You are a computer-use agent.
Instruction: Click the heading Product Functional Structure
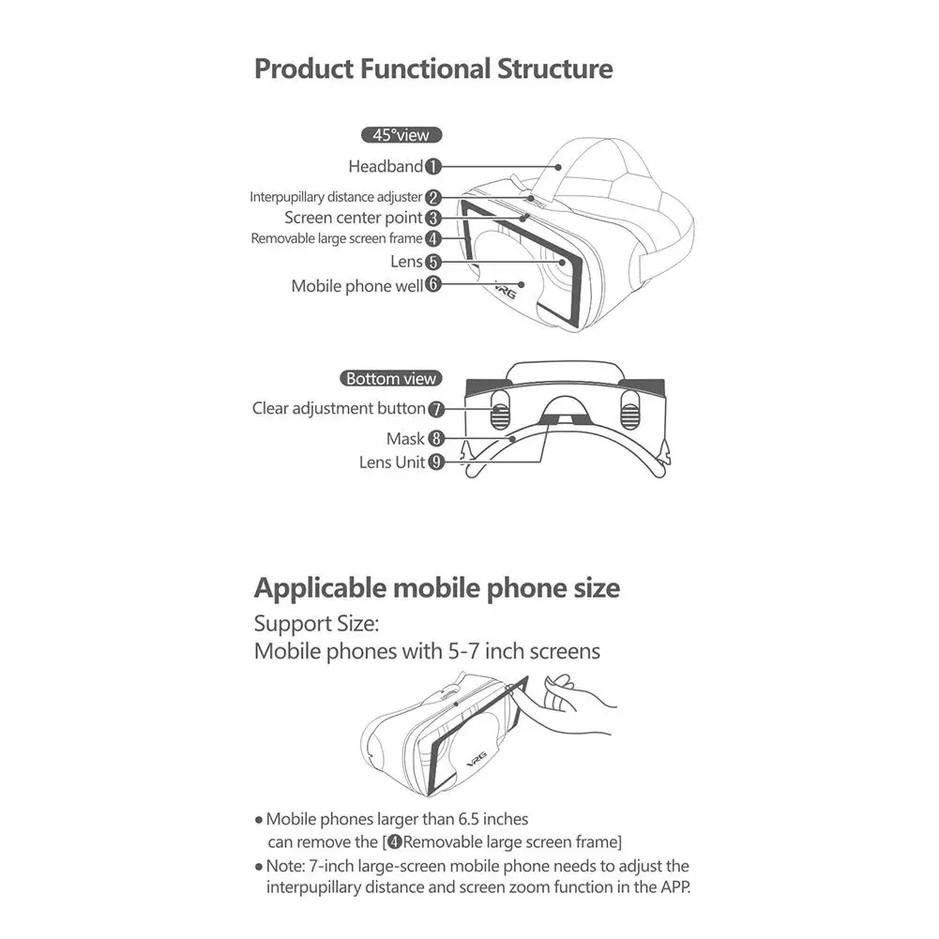(x=433, y=69)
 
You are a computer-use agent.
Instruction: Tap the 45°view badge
(x=401, y=135)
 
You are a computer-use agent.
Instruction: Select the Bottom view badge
(x=391, y=379)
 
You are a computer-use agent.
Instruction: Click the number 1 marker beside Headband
(x=432, y=167)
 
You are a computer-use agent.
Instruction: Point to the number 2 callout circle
(x=432, y=198)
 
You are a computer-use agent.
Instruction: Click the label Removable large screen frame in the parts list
(x=337, y=239)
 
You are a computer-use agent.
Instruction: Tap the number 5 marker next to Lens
(x=432, y=263)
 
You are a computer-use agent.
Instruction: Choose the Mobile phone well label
(x=356, y=286)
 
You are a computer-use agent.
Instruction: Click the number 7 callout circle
(x=436, y=409)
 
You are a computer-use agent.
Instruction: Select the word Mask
(x=406, y=439)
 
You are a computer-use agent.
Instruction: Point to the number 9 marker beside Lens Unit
(x=436, y=462)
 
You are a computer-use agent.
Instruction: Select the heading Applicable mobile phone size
(x=437, y=589)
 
